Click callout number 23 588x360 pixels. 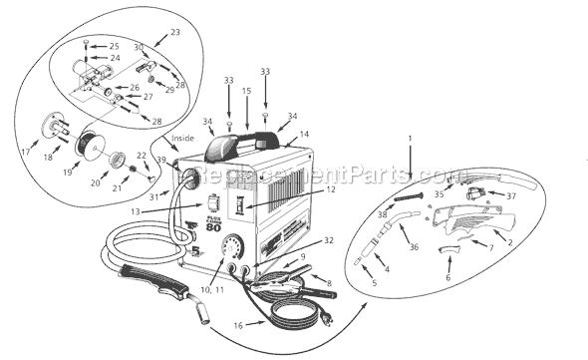click(x=176, y=33)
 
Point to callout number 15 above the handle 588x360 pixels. click(x=246, y=90)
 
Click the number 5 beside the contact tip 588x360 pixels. click(x=374, y=283)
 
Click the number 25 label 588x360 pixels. click(x=114, y=46)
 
